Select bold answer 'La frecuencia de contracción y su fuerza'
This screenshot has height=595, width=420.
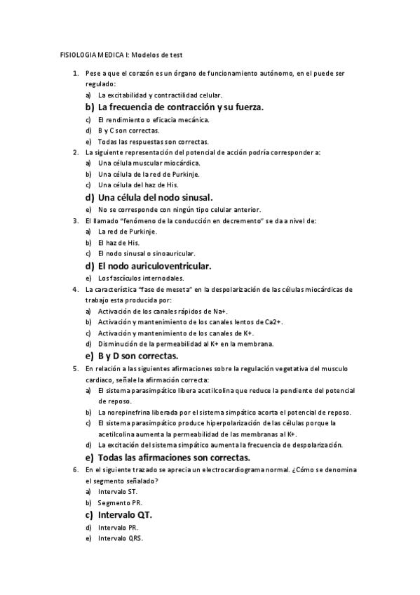coord(181,107)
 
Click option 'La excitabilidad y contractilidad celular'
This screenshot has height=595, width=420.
coord(161,95)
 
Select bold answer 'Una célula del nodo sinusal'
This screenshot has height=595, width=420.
coord(155,197)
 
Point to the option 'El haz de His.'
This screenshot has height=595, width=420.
coord(119,242)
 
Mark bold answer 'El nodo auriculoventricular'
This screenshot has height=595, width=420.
coord(154,266)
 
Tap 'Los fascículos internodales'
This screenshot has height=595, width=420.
coord(141,278)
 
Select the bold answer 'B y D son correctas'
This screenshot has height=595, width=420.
coord(139,356)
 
